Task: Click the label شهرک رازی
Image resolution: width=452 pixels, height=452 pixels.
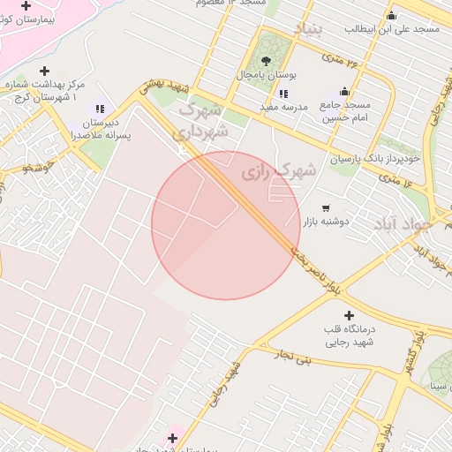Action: coord(279,171)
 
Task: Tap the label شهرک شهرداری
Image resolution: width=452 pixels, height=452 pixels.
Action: coord(204,121)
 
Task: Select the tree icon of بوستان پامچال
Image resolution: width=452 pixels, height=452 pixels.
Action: coord(267,61)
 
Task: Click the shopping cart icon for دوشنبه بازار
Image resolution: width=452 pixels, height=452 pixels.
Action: coord(326,207)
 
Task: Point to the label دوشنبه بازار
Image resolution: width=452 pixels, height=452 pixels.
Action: coord(327,222)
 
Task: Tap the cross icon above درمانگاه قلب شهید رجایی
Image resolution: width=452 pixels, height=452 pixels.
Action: coord(349,315)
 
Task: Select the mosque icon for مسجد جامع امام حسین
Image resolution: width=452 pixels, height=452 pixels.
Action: coord(344,92)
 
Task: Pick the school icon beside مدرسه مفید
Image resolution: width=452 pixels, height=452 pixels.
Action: coord(282,93)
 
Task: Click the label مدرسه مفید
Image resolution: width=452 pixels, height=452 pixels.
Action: coord(283,107)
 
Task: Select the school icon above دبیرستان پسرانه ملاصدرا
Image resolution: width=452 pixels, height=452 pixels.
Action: coord(99,108)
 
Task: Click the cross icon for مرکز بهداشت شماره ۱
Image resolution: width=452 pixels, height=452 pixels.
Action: coord(45,71)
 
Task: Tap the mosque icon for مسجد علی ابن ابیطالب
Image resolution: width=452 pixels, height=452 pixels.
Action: coord(392,15)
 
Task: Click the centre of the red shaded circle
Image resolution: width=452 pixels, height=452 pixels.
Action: coord(225,225)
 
